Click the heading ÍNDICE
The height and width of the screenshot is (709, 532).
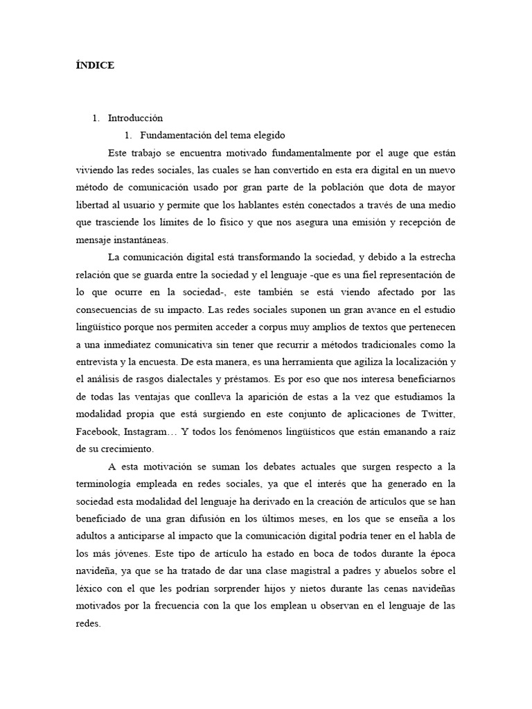[94, 66]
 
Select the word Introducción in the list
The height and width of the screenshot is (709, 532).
[135, 118]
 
